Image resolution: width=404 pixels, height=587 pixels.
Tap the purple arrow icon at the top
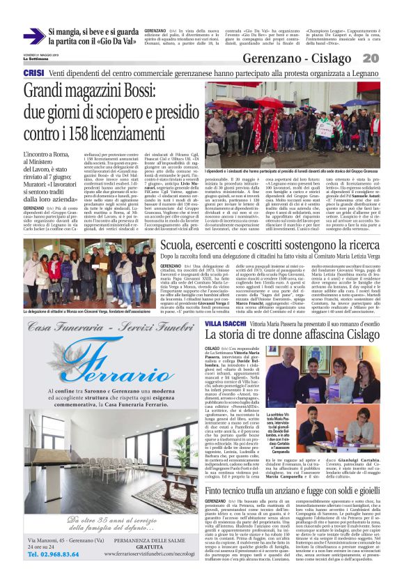(33, 36)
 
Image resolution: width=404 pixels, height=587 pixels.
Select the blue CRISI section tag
(33, 73)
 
